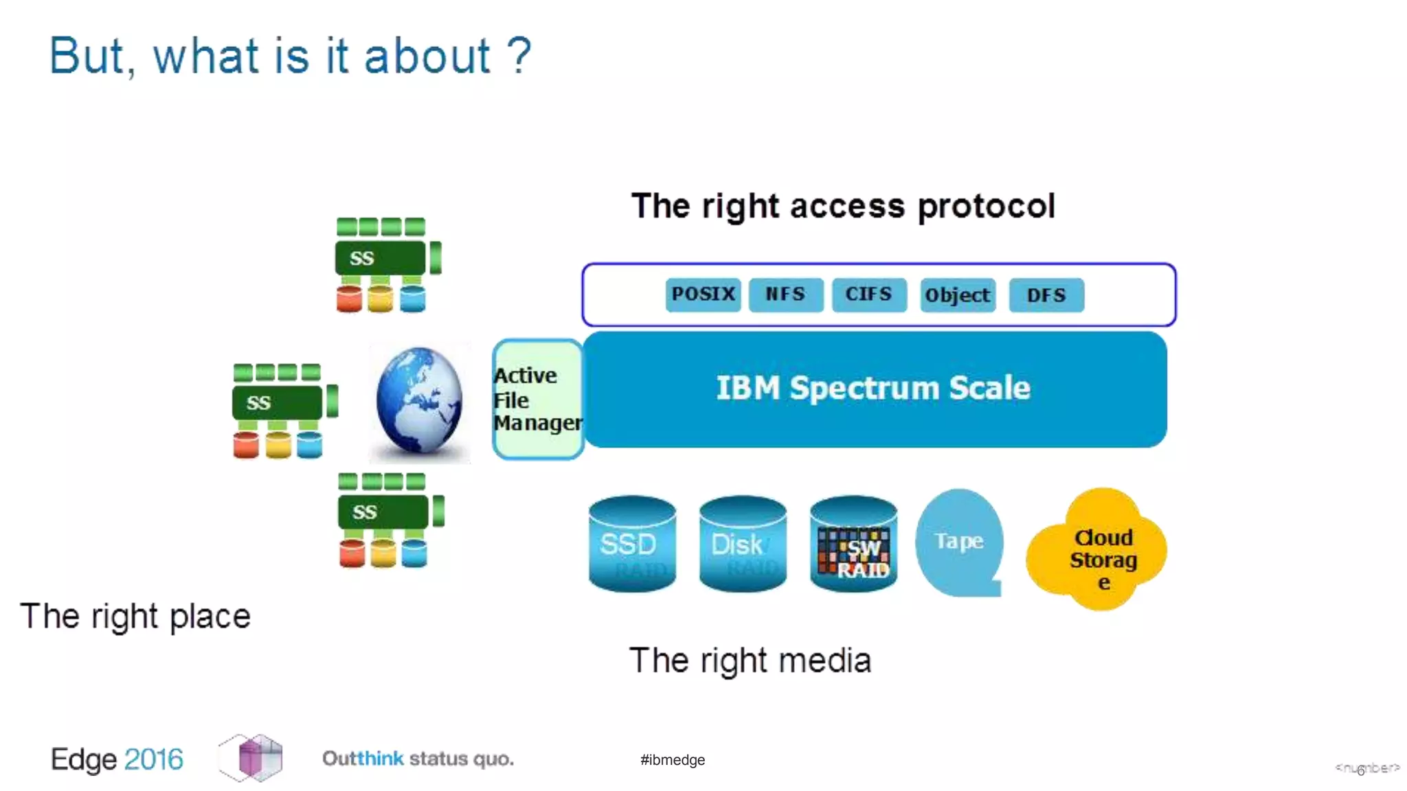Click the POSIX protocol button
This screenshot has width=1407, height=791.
(x=703, y=295)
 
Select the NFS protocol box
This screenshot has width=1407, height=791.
(x=785, y=295)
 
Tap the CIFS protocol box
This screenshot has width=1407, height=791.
(x=868, y=295)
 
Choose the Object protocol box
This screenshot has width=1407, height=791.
(x=957, y=295)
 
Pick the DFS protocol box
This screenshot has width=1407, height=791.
(x=1046, y=295)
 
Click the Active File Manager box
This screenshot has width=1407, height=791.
(x=537, y=400)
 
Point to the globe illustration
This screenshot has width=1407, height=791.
(x=419, y=401)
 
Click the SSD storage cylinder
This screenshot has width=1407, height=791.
(x=632, y=543)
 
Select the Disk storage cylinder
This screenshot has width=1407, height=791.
(x=742, y=543)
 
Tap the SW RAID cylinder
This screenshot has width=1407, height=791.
(x=853, y=543)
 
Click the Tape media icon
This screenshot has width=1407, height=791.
(x=959, y=542)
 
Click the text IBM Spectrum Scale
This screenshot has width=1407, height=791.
(x=873, y=389)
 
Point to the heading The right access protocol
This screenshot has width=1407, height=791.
(x=843, y=206)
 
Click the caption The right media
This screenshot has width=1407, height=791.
(x=750, y=661)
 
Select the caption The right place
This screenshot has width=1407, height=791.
(x=135, y=616)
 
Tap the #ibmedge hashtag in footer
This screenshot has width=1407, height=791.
(x=672, y=759)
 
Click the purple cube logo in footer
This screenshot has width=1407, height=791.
(x=252, y=757)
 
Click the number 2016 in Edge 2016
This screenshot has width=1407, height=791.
(x=154, y=759)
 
